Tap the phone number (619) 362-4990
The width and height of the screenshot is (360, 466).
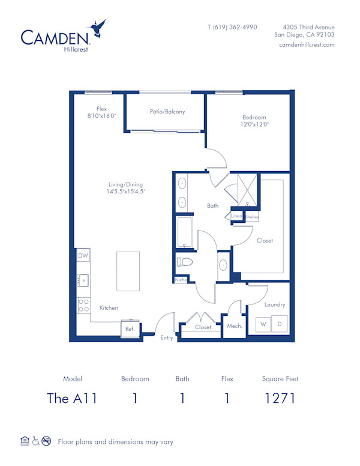click(x=232, y=27)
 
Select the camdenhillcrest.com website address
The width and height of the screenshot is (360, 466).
click(x=307, y=45)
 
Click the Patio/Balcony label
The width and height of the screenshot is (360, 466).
click(x=167, y=112)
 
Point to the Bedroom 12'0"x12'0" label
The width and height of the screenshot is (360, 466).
click(x=254, y=121)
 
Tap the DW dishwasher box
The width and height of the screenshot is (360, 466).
click(x=83, y=256)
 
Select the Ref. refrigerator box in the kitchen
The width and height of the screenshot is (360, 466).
click(x=130, y=329)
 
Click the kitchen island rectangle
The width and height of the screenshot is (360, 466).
click(x=128, y=271)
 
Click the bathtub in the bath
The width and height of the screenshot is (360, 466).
click(x=184, y=233)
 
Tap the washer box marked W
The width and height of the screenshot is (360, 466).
click(x=263, y=325)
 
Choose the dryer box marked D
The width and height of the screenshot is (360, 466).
click(x=280, y=325)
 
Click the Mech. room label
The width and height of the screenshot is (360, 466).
click(x=234, y=326)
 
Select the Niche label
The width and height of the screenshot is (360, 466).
click(x=180, y=280)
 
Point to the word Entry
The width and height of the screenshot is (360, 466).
click(x=166, y=337)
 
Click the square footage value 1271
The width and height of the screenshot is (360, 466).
click(x=280, y=398)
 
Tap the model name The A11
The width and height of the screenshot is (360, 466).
click(x=72, y=398)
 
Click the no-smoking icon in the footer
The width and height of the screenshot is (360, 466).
click(x=46, y=441)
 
